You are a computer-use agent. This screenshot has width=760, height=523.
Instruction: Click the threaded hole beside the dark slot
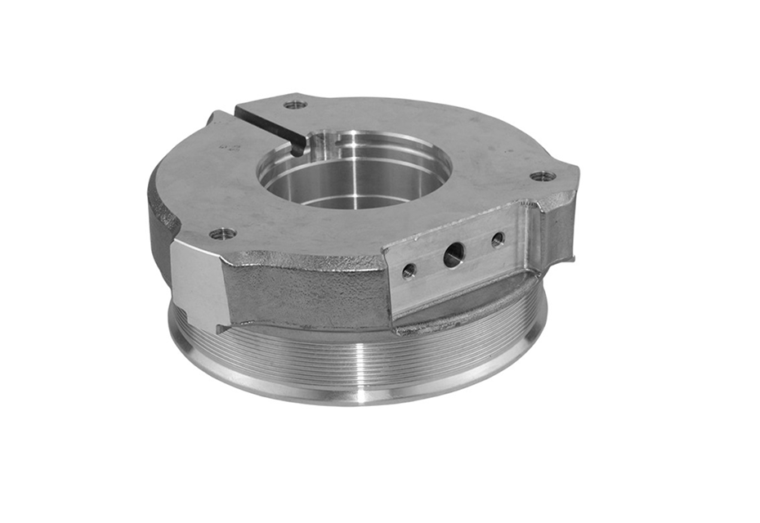[295, 105]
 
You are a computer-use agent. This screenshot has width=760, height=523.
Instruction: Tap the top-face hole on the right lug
[543, 176]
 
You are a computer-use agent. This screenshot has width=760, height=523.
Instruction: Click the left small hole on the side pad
[409, 270]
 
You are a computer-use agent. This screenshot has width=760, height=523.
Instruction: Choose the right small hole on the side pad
[498, 240]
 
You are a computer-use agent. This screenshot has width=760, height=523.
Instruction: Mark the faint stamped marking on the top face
[230, 146]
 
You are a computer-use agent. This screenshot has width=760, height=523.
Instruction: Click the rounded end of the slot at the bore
[297, 148]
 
